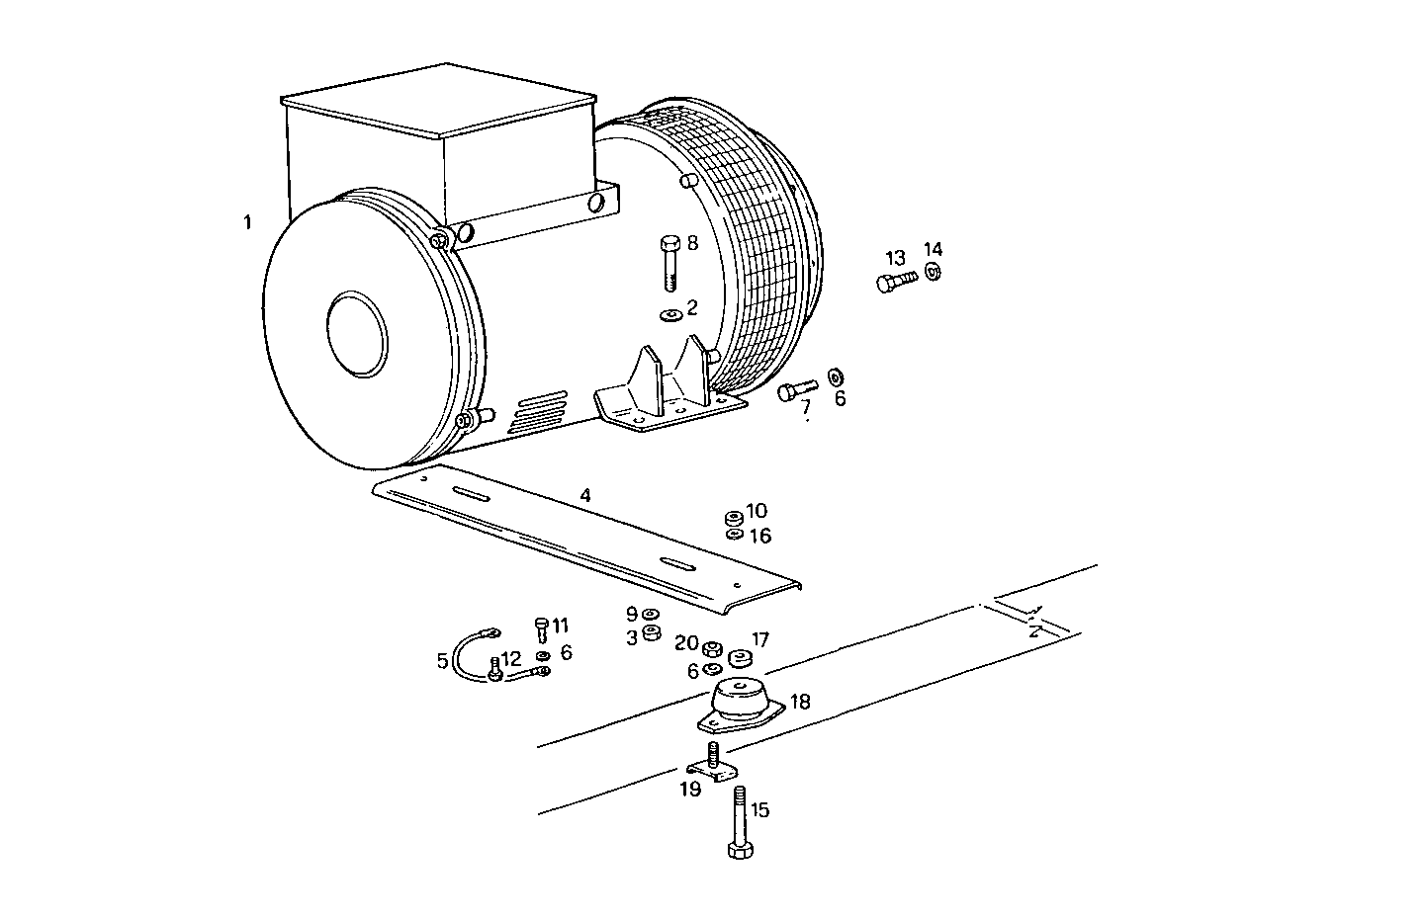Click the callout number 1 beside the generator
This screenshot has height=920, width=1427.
pyautogui.click(x=247, y=223)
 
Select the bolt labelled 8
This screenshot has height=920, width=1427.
pyautogui.click(x=669, y=262)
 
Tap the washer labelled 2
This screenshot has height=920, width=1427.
pyautogui.click(x=670, y=315)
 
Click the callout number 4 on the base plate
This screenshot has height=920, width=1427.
pyautogui.click(x=585, y=496)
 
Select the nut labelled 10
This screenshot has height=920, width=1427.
pyautogui.click(x=734, y=517)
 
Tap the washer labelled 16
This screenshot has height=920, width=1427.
pyautogui.click(x=734, y=535)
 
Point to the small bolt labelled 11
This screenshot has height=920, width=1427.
pyautogui.click(x=541, y=628)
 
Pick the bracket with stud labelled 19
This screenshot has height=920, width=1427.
pyautogui.click(x=713, y=766)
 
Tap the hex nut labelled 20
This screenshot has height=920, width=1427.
pyautogui.click(x=710, y=649)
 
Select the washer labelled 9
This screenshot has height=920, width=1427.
pyautogui.click(x=649, y=615)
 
